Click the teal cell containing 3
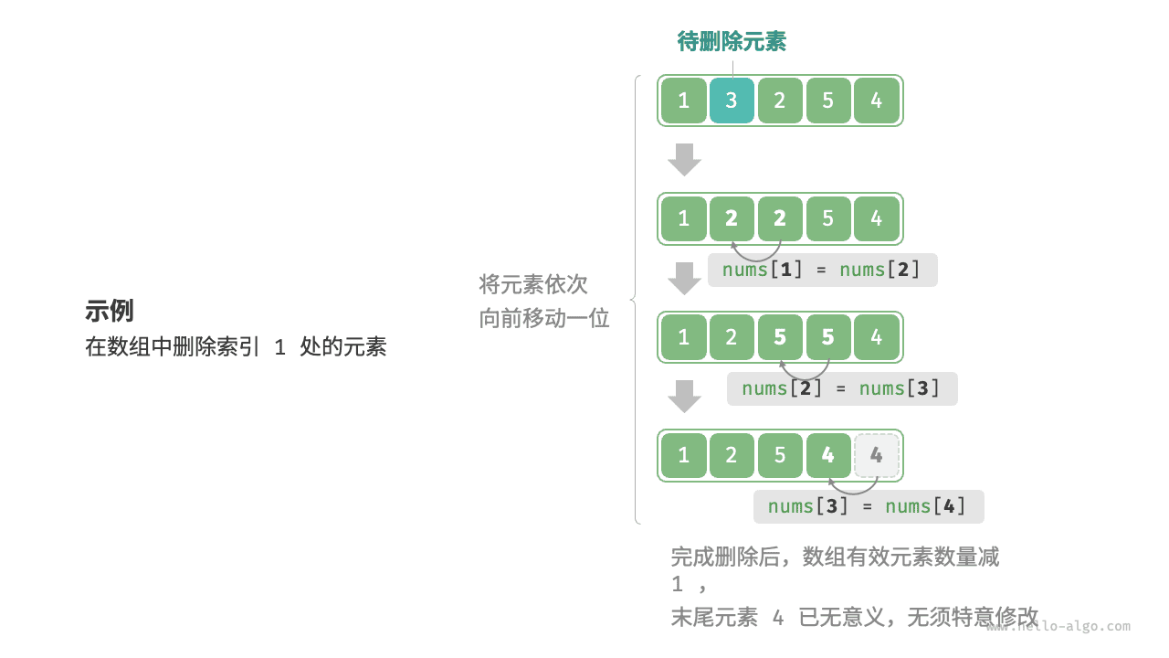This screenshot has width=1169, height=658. coord(732,101)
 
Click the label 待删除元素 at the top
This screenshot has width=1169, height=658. coord(732,41)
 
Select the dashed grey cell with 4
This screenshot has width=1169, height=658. coord(877,456)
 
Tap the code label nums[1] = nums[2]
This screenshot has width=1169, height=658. coord(822,270)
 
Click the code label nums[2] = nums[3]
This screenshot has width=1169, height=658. coord(841,388)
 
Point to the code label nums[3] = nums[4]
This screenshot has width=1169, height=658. coord(868,506)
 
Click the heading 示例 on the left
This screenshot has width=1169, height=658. coord(110,311)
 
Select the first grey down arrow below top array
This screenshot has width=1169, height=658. coord(684,159)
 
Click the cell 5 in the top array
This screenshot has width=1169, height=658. coord(828,101)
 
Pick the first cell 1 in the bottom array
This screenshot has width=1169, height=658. coord(683,456)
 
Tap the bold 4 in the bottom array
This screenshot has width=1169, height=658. coord(828,456)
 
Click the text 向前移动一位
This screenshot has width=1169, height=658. coord(544,318)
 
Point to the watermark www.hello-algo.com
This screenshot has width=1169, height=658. coord(1059,626)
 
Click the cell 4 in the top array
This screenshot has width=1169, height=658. coord(877,101)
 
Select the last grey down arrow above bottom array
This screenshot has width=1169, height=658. coord(684,396)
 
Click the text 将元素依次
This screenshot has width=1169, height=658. coord(533,283)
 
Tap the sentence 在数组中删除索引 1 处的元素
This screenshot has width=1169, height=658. coord(236,347)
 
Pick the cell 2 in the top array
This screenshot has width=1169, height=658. coord(780,101)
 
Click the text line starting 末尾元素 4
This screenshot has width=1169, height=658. coord(854,617)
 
